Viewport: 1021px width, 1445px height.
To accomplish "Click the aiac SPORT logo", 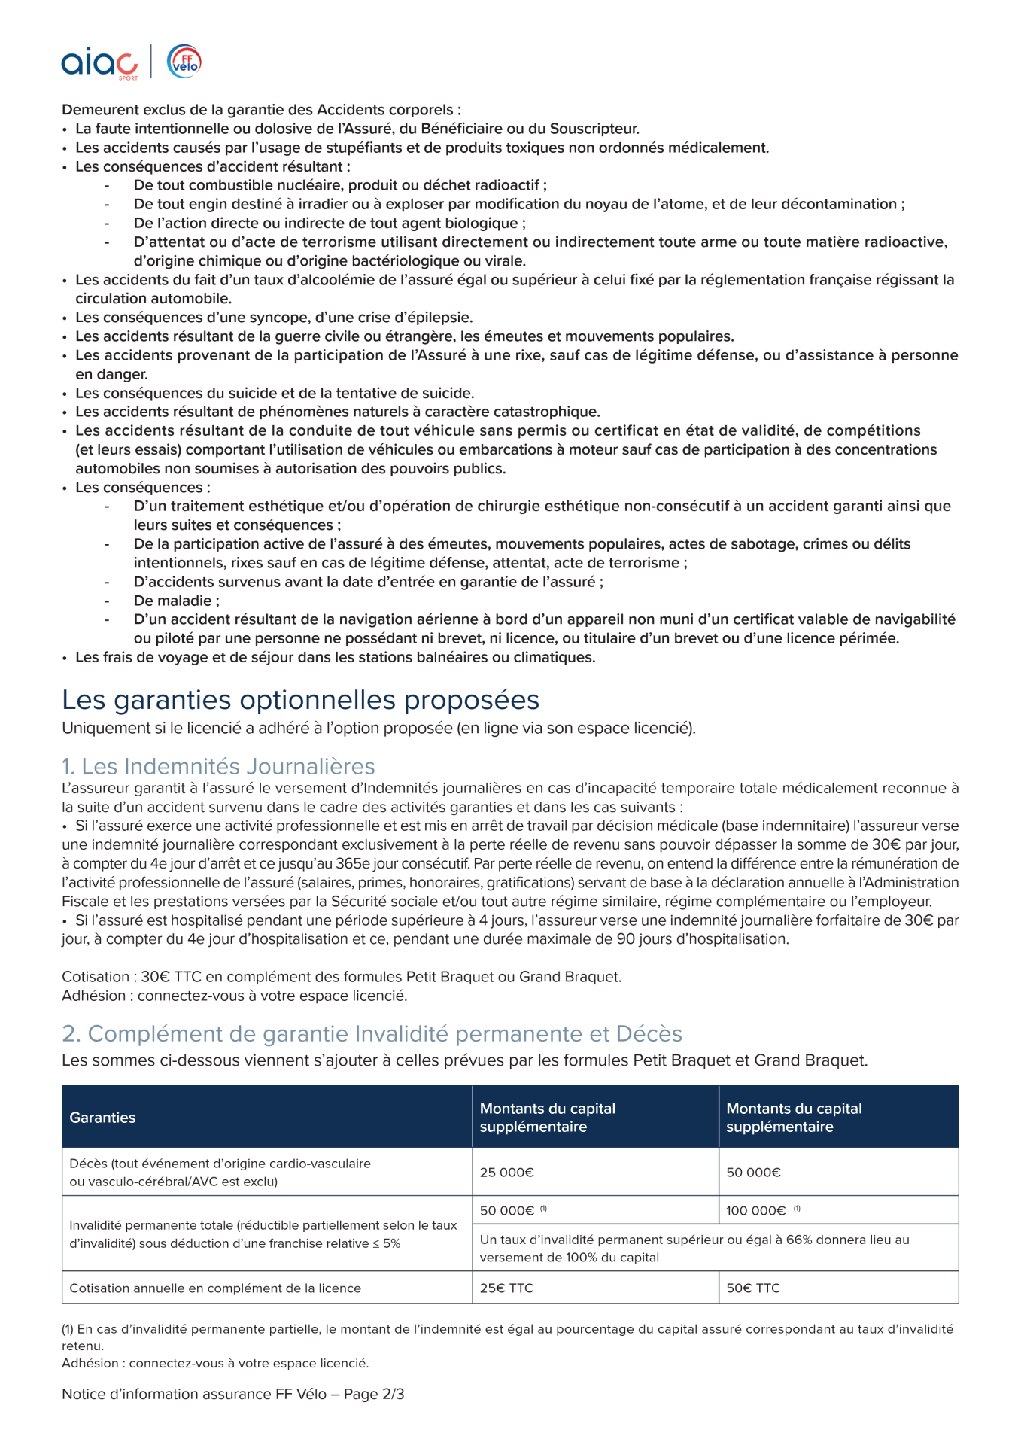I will click(99, 63).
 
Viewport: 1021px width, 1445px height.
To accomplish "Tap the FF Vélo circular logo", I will click(184, 62).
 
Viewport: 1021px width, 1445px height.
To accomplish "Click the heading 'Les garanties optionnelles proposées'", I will click(300, 700).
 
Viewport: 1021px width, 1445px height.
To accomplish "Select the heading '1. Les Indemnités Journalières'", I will click(218, 766).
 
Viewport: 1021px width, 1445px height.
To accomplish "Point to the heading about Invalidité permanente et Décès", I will click(372, 1033).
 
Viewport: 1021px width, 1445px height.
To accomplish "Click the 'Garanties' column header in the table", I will click(102, 1118).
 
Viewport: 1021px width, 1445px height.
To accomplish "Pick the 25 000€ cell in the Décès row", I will click(507, 1172).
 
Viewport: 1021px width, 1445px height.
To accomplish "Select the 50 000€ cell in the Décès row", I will click(753, 1172).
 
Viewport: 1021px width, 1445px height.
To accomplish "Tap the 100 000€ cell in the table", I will click(755, 1210).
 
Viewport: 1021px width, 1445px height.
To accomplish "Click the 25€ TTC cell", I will click(506, 1288).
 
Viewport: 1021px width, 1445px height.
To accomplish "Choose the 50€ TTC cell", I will click(753, 1288).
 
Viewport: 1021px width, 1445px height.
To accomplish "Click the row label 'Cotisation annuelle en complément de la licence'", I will click(215, 1288).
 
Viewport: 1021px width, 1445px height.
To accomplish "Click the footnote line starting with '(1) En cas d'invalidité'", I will click(507, 1329).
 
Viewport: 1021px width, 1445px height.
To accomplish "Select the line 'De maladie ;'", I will click(177, 601).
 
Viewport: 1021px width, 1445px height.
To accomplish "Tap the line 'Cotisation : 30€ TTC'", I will click(342, 977).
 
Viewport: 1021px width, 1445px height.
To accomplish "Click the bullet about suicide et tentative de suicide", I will click(275, 393).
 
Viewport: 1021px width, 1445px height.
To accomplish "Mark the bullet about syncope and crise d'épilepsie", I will click(274, 318).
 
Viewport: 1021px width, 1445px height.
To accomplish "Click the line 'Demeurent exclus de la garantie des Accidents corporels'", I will click(261, 110).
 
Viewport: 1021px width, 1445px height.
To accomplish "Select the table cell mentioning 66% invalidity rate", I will click(694, 1248).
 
